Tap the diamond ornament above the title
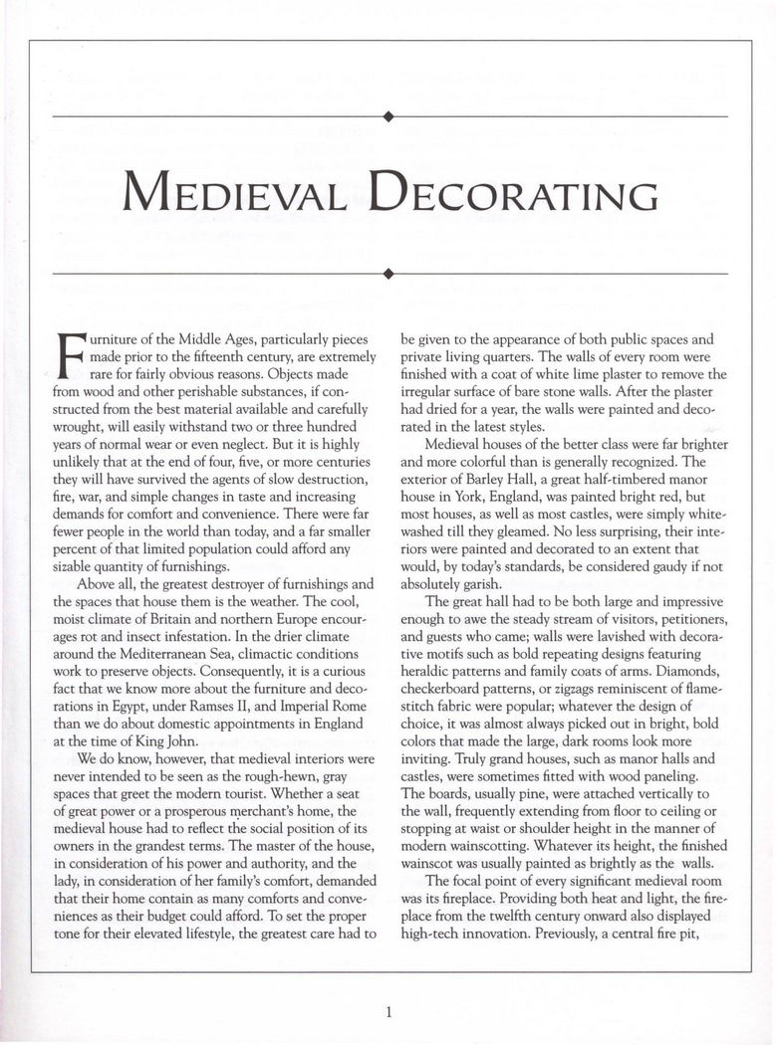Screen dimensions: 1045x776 388,116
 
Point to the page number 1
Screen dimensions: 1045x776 388,1012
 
